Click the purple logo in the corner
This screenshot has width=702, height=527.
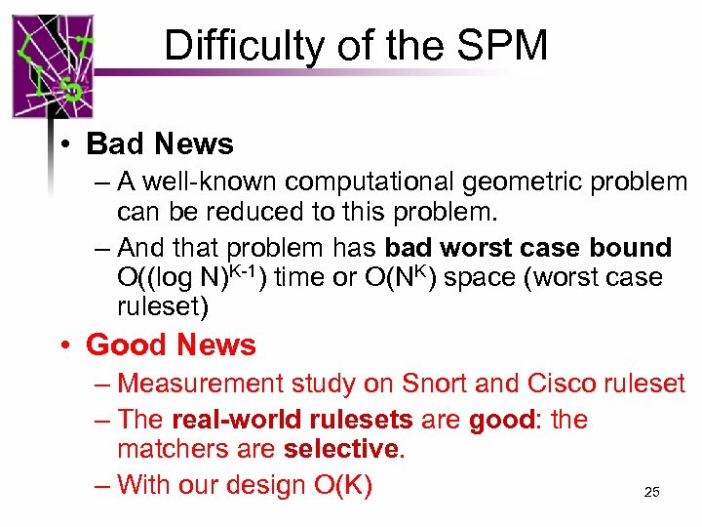[x=53, y=66]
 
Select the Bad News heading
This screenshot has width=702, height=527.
[x=160, y=144]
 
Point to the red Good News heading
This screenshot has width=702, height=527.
[x=171, y=345]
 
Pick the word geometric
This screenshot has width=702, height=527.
[x=512, y=182]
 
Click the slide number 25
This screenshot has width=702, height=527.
[x=651, y=493]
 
